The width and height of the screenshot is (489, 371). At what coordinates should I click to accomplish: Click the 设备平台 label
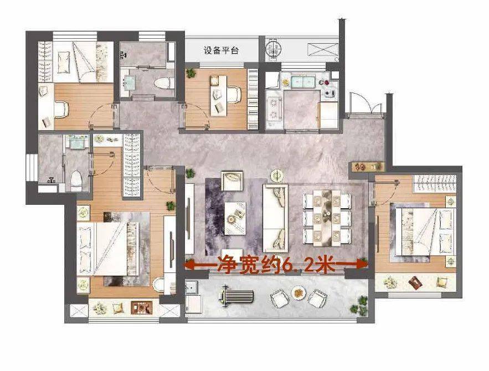pos(221,50)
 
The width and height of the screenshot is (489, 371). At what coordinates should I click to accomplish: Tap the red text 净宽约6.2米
pos(276,265)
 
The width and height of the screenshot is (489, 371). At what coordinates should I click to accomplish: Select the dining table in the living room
pos(327,217)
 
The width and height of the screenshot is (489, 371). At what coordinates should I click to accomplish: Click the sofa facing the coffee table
pos(275,218)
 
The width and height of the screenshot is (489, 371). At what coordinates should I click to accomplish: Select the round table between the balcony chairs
pos(298,293)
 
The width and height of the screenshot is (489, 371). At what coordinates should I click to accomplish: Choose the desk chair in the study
pos(234,95)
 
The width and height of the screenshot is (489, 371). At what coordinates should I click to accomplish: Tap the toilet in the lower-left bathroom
pos(76,181)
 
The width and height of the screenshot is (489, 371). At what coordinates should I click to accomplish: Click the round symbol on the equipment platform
pos(274,48)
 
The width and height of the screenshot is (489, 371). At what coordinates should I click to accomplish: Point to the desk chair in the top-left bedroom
pos(61,109)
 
